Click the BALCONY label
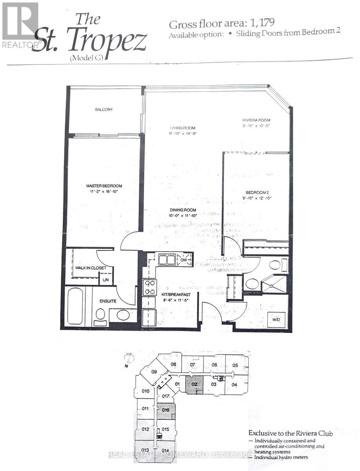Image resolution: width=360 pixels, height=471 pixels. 104,110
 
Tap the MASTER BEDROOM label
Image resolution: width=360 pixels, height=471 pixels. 104,186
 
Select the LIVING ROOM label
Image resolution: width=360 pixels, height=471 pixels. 182,128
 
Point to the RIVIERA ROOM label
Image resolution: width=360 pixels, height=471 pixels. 256,120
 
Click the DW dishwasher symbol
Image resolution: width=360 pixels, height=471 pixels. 184,259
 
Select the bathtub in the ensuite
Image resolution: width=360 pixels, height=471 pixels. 75,306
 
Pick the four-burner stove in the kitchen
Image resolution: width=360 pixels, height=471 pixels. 149,287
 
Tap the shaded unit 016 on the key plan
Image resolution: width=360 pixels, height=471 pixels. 165,411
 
